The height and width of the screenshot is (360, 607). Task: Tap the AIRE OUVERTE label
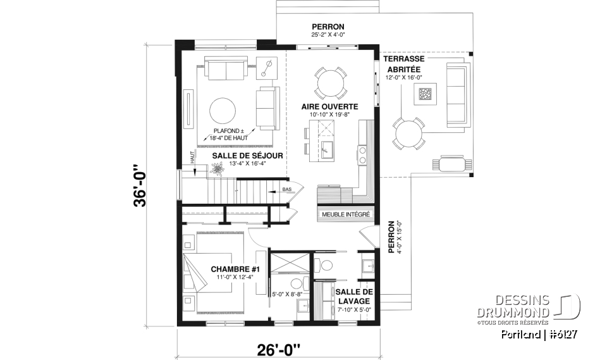329,106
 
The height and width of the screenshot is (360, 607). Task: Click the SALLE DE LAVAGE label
354,296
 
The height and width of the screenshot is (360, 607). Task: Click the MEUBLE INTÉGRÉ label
346,214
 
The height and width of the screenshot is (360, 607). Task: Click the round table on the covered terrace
408,133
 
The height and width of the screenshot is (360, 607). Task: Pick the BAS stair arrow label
287,189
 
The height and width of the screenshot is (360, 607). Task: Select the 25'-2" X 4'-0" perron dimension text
328,35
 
